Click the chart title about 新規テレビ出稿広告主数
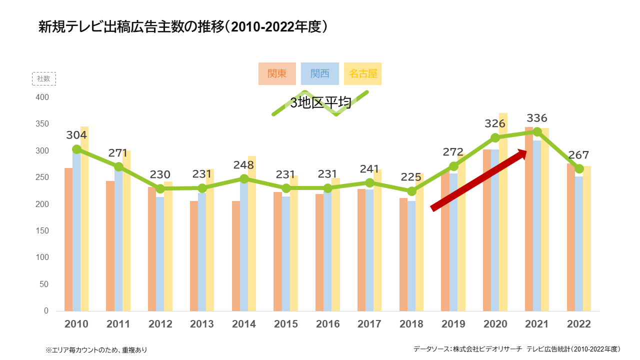coord(183,27)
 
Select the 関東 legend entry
coord(277,73)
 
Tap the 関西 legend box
coord(320,73)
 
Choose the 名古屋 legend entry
coord(362,73)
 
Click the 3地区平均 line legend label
coord(320,103)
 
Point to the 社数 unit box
coord(43,78)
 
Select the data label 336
coord(537,118)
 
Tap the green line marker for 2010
coord(76,149)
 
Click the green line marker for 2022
coord(579,169)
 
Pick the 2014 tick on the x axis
coord(244,324)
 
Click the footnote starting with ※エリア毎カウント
coord(96,349)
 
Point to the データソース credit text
coord(516,349)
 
